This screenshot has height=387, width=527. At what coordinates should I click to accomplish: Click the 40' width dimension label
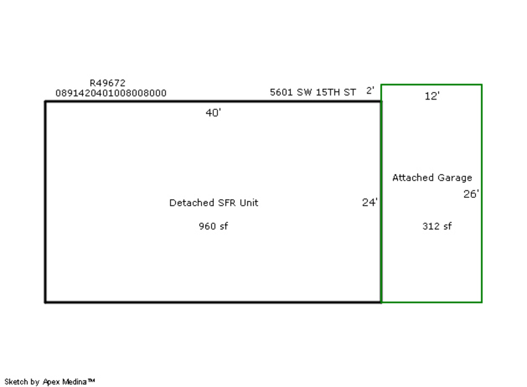(x=213, y=113)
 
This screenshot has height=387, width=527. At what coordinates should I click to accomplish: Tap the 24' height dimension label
(x=369, y=203)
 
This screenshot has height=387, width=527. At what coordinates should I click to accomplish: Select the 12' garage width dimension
(x=432, y=97)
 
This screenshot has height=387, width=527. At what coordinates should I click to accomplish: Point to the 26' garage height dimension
(x=471, y=194)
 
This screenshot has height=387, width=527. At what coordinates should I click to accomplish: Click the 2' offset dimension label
(x=370, y=91)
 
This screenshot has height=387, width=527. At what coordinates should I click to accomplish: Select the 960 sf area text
(x=213, y=227)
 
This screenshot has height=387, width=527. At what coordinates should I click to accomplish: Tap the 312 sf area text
(x=437, y=227)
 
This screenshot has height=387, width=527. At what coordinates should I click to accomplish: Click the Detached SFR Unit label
(x=214, y=203)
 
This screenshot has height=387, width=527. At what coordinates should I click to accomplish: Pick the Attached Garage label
(x=432, y=178)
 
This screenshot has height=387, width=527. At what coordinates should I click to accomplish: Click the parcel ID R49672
(x=107, y=83)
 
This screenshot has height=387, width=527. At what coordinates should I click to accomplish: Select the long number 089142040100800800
(x=111, y=93)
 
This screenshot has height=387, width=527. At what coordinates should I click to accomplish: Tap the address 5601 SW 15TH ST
(x=313, y=93)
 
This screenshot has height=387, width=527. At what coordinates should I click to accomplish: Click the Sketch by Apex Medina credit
(x=50, y=382)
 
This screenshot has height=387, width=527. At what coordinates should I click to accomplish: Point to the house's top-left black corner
(x=46, y=102)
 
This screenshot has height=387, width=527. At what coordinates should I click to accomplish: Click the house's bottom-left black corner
(x=46, y=302)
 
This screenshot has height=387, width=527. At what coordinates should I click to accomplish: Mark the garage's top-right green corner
(x=481, y=85)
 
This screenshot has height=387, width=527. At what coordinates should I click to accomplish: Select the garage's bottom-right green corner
(x=481, y=302)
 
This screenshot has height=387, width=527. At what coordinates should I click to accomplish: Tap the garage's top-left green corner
(x=381, y=85)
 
